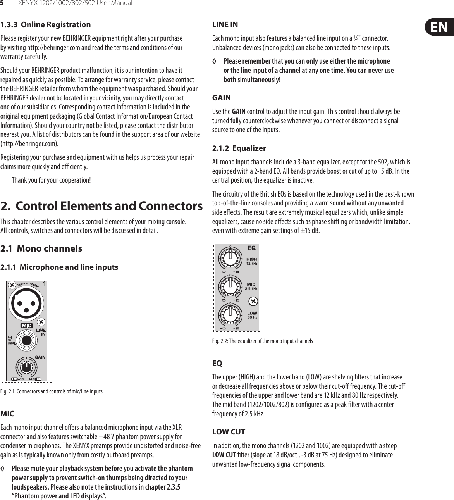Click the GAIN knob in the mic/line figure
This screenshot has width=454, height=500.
[x=26, y=366]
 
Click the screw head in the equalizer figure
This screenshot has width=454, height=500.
[x=253, y=301]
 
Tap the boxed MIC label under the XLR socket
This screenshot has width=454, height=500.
[x=26, y=326]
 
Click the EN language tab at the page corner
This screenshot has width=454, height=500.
[x=439, y=27]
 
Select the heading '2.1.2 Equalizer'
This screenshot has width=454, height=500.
[x=239, y=148]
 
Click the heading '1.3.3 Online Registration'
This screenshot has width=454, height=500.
[x=45, y=24]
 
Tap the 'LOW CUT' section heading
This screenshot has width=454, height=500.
[x=229, y=432]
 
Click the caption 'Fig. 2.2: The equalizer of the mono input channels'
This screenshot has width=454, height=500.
[x=262, y=341]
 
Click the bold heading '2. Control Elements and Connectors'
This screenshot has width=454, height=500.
[x=101, y=206]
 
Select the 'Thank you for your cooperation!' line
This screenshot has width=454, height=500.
[x=52, y=180]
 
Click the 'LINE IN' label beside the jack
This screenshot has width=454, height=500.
[x=41, y=332]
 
